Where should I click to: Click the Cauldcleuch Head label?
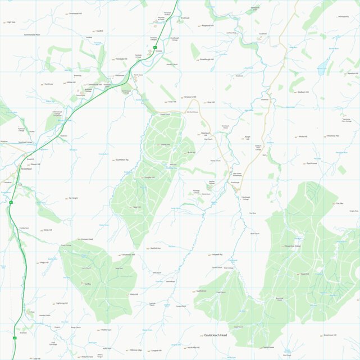[x=216, y=335]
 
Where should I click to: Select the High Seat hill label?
[x=11, y=22]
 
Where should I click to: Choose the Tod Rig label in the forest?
[x=87, y=284]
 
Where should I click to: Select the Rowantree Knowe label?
[x=293, y=246]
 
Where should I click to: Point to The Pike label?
[x=339, y=204]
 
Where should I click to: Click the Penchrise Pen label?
[x=334, y=136]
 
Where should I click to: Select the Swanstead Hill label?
[x=75, y=12]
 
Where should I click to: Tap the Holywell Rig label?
[x=217, y=255]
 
